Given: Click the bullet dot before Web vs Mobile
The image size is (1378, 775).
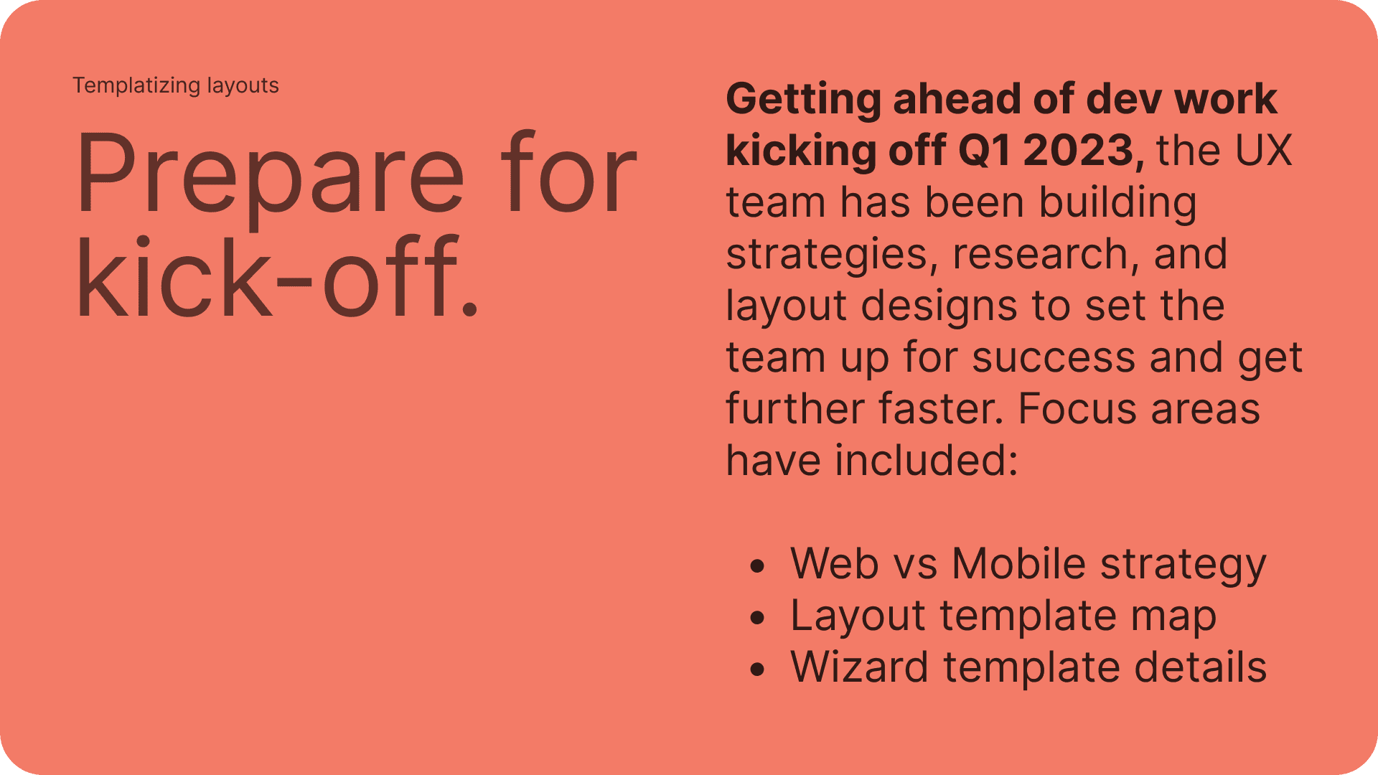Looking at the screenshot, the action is pyautogui.click(x=757, y=566).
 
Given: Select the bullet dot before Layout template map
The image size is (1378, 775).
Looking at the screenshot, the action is pyautogui.click(x=757, y=618).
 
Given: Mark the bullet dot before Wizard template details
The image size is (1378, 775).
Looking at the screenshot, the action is pyautogui.click(x=757, y=670).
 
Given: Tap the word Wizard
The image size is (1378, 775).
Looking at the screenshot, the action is pyautogui.click(x=860, y=667).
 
